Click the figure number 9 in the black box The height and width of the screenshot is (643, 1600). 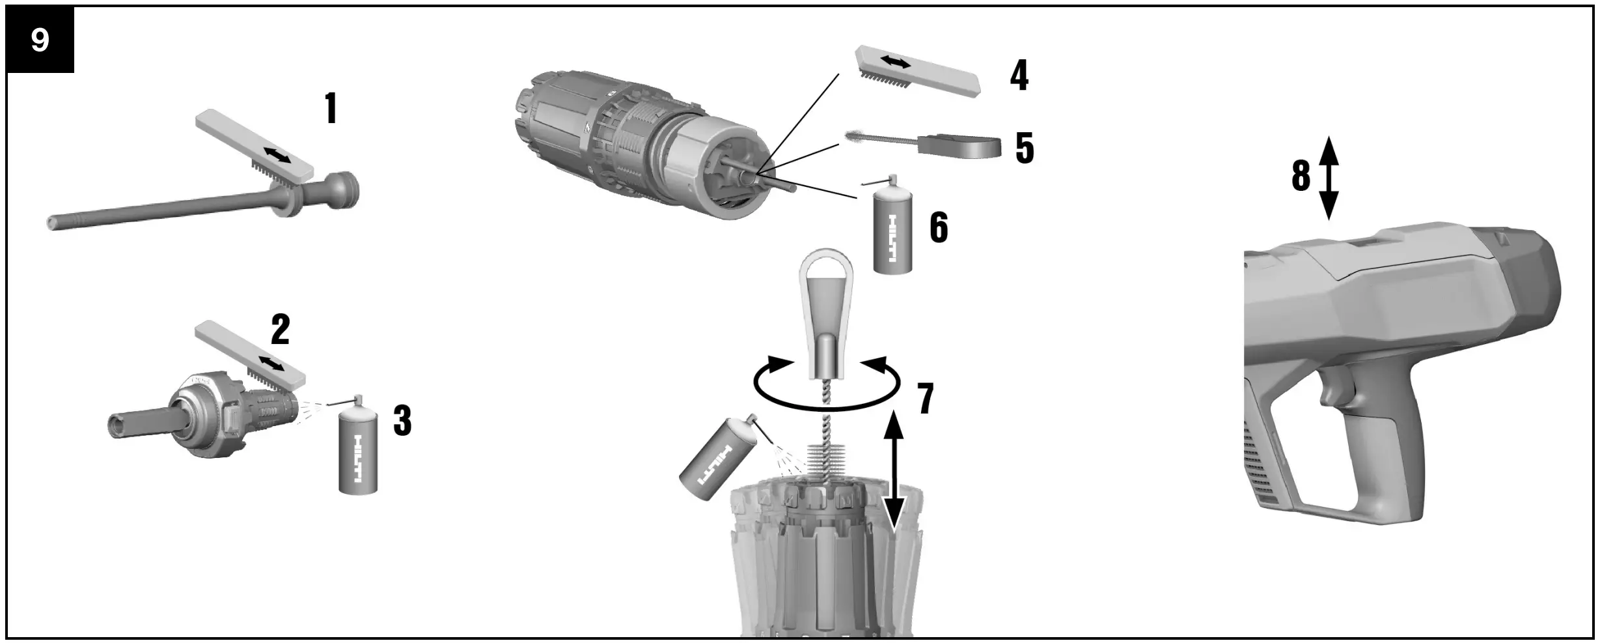pyautogui.click(x=40, y=40)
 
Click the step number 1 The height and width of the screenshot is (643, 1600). pyautogui.click(x=331, y=109)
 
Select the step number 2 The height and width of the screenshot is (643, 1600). pyautogui.click(x=280, y=330)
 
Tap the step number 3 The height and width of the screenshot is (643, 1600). pyautogui.click(x=402, y=421)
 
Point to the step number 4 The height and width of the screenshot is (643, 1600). pyautogui.click(x=1019, y=76)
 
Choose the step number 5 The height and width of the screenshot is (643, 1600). pyautogui.click(x=1025, y=148)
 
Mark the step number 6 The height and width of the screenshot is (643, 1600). pyautogui.click(x=938, y=227)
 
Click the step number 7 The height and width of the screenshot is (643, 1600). pyautogui.click(x=926, y=398)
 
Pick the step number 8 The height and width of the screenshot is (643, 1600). pyautogui.click(x=1301, y=176)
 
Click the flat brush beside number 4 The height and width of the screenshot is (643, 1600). pyautogui.click(x=918, y=70)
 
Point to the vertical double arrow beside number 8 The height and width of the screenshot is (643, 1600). pyautogui.click(x=1329, y=177)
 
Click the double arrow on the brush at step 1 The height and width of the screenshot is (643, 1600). pyautogui.click(x=277, y=156)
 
